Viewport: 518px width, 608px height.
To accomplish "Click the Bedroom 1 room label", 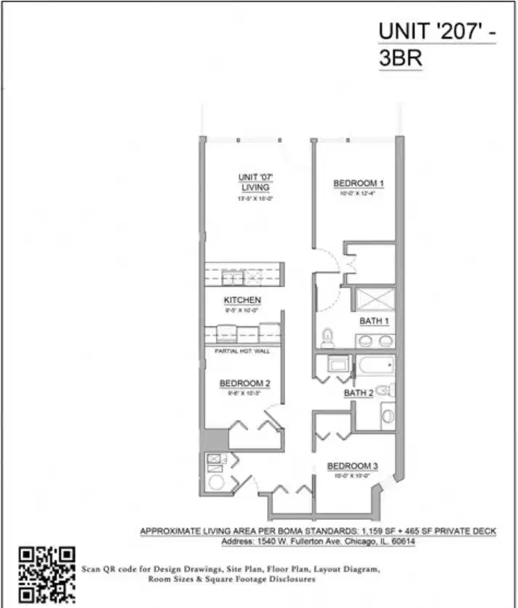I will [358, 183].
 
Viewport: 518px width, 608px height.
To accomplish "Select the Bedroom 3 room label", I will [352, 466].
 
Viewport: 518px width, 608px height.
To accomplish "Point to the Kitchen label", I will [242, 300].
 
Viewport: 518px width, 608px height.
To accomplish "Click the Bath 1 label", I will [374, 321].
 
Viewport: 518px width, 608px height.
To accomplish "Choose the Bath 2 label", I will [358, 393].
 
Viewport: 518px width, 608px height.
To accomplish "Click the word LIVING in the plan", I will [255, 187].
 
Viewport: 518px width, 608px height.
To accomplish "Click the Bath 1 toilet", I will [327, 337].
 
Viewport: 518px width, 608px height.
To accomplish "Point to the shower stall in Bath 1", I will [375, 299].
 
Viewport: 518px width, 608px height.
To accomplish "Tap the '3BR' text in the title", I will [400, 59].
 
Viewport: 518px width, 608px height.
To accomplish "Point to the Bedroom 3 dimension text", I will [352, 475].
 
